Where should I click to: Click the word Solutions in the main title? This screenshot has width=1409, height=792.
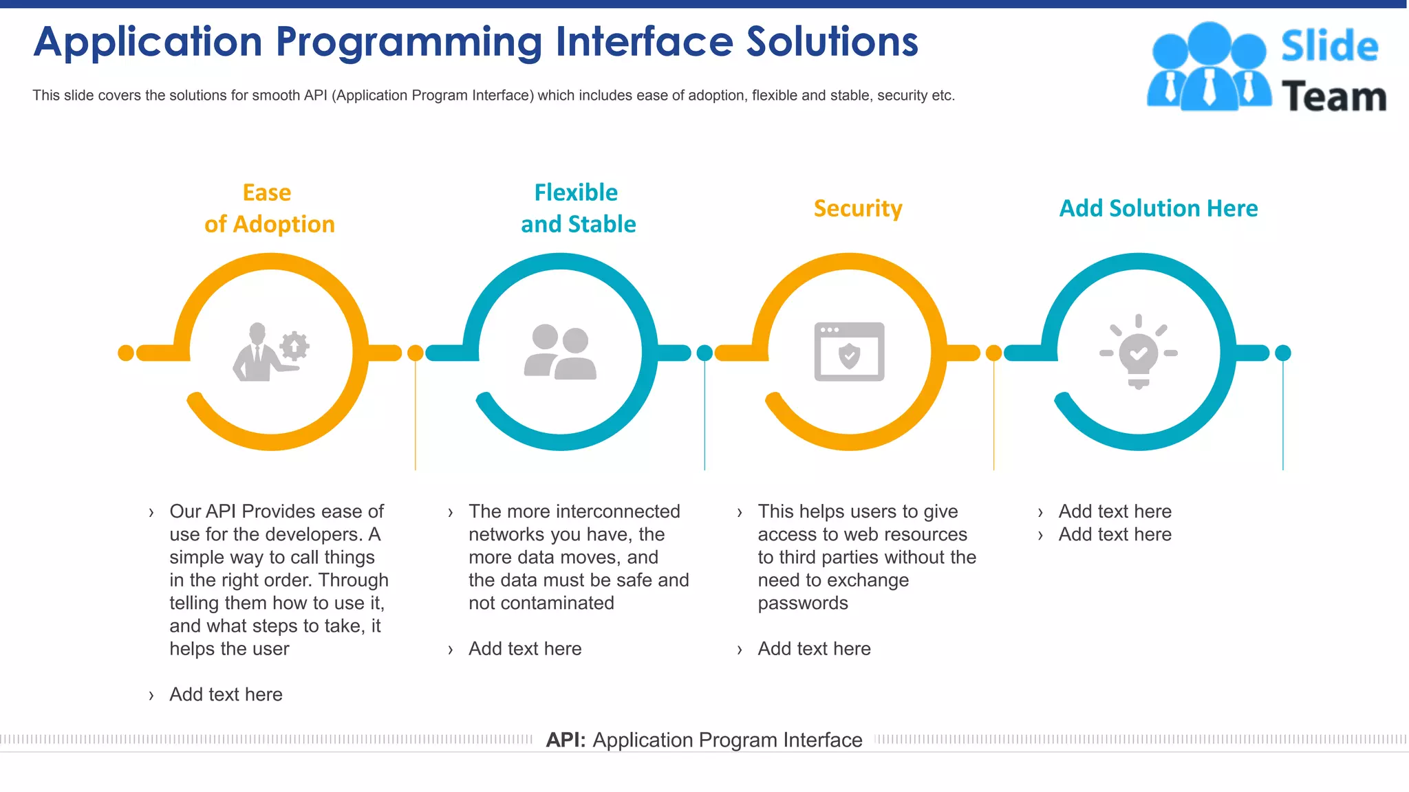pyautogui.click(x=832, y=41)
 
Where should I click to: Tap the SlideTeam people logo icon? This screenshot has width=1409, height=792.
pyautogui.click(x=1209, y=67)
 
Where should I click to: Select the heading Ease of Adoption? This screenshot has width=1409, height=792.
pyautogui.click(x=269, y=208)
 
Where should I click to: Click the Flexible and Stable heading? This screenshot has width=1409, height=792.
pyautogui.click(x=578, y=208)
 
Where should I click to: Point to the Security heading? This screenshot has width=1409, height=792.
pyautogui.click(x=857, y=208)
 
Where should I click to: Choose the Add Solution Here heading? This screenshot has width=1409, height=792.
pyautogui.click(x=1158, y=208)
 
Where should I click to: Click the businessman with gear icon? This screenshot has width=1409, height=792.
pyautogui.click(x=270, y=352)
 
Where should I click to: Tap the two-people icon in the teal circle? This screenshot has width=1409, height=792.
pyautogui.click(x=560, y=352)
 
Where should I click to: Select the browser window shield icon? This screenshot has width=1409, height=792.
pyautogui.click(x=849, y=352)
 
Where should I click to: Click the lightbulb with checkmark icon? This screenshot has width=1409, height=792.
pyautogui.click(x=1139, y=352)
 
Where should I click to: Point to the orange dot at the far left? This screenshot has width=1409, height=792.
pyautogui.click(x=126, y=353)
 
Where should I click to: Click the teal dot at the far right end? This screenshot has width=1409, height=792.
pyautogui.click(x=1283, y=353)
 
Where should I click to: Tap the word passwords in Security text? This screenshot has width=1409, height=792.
pyautogui.click(x=803, y=603)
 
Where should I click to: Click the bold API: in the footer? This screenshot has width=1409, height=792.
pyautogui.click(x=566, y=740)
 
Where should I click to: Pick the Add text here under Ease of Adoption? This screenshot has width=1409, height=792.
pyautogui.click(x=226, y=694)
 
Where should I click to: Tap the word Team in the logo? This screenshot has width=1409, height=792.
pyautogui.click(x=1333, y=96)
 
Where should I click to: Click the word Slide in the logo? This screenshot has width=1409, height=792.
pyautogui.click(x=1329, y=46)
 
